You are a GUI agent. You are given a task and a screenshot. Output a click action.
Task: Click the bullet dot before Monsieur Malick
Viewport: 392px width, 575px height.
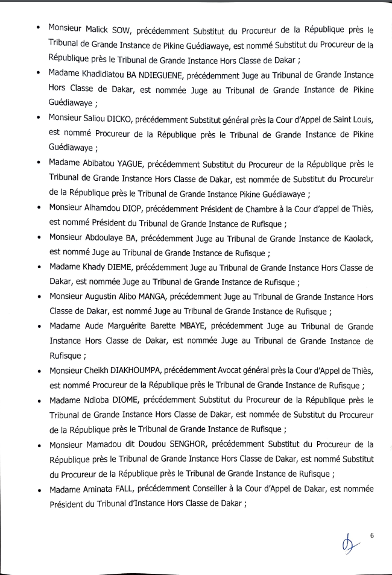[x=39, y=29]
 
